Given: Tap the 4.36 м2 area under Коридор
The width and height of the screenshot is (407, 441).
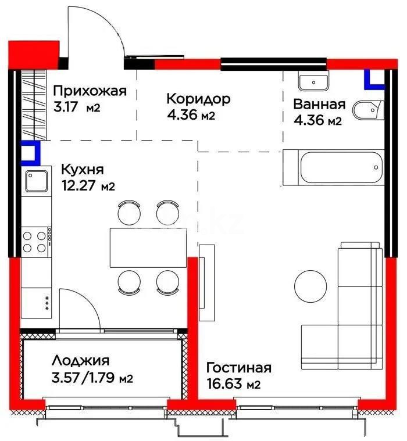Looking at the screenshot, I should (191, 115).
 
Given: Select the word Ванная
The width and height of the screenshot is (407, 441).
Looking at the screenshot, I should (319, 105).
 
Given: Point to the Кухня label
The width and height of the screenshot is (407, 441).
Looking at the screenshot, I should (82, 170).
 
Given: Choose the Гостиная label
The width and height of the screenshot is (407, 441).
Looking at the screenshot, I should (239, 368).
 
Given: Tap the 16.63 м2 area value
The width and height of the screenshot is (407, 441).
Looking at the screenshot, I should (233, 384).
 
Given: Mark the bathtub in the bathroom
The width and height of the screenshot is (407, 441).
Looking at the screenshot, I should (333, 168).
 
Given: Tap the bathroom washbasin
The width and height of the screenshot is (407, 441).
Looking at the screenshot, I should (313, 82).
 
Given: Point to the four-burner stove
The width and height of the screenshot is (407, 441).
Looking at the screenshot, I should (35, 242).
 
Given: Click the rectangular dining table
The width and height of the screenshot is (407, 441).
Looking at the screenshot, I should (142, 248).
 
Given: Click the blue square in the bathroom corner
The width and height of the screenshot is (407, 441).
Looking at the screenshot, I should (374, 80).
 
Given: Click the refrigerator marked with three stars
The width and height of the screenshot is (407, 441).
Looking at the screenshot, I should (36, 302).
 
